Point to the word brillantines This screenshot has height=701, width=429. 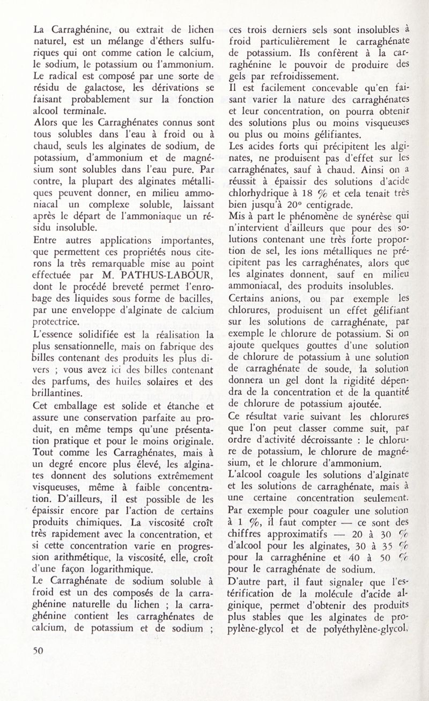(62, 392)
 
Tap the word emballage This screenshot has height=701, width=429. (79, 405)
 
